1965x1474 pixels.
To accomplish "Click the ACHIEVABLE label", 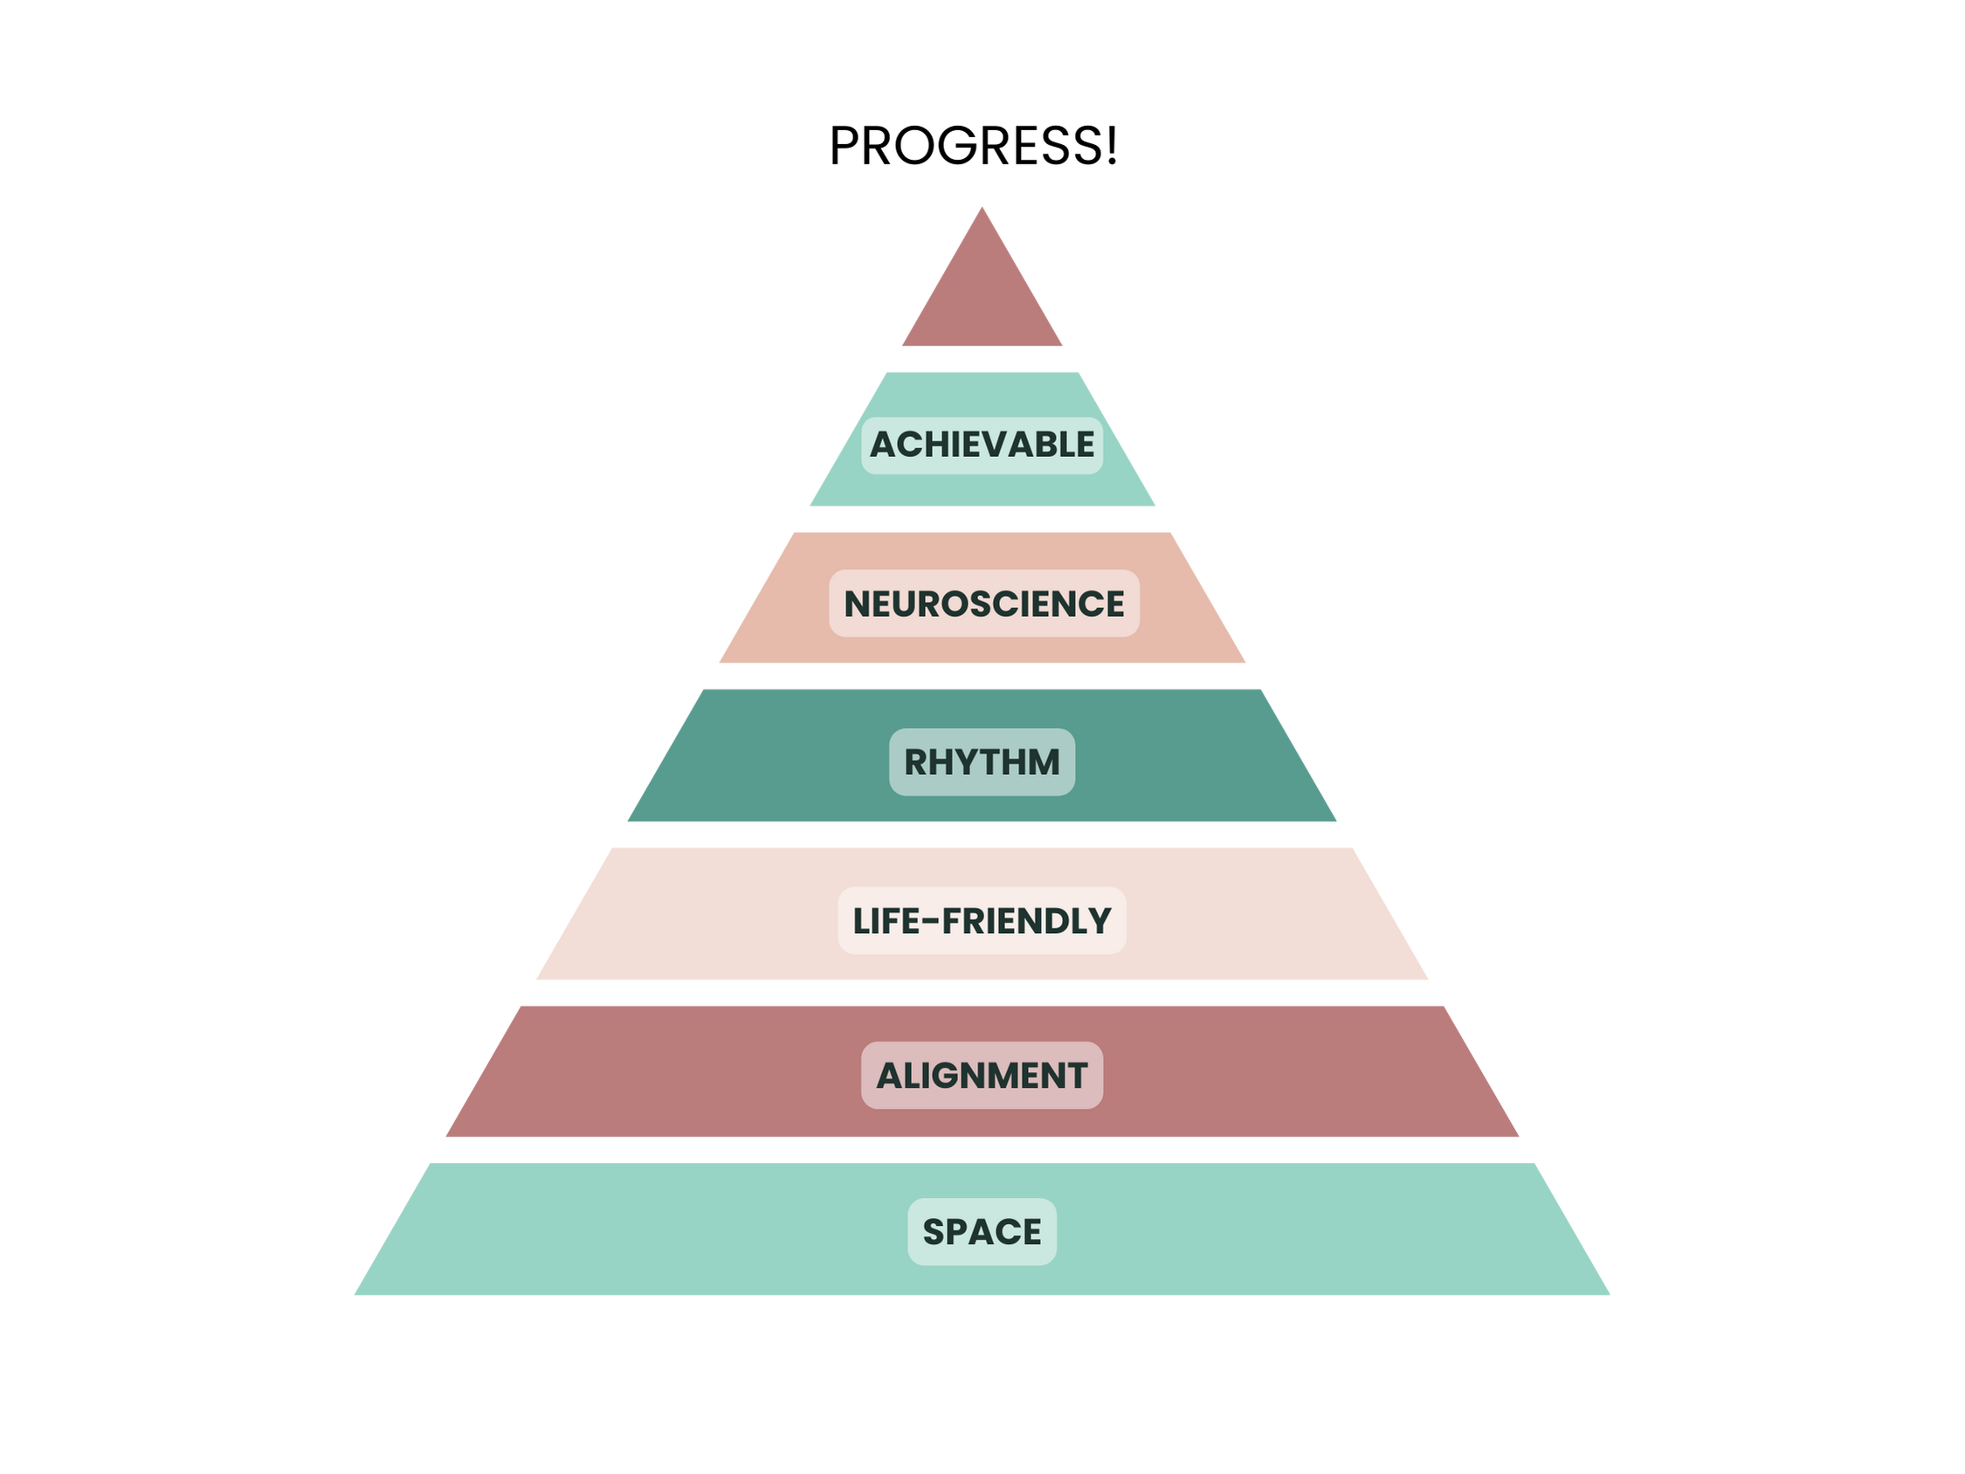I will (x=982, y=444).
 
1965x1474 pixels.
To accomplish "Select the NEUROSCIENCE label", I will (x=983, y=603).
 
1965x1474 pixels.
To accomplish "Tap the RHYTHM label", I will (x=982, y=762).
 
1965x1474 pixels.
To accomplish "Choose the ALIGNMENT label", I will (x=982, y=1075).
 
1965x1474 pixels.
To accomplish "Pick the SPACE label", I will (x=982, y=1231).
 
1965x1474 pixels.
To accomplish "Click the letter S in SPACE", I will (x=934, y=1232).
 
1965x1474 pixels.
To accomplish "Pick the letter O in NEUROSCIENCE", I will (x=962, y=604).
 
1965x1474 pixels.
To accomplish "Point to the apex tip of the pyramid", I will (x=981, y=210).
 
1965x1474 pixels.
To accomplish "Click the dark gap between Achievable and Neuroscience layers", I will (x=982, y=519).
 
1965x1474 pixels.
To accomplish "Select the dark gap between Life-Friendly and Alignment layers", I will (x=982, y=993).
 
